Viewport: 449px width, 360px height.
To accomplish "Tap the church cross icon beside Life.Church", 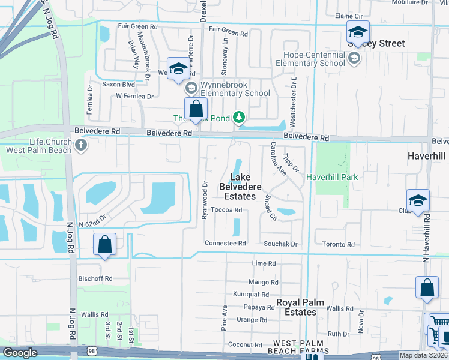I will (81, 145).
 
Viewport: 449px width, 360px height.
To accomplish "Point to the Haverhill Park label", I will (332, 177).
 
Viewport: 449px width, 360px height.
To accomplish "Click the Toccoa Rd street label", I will (229, 210).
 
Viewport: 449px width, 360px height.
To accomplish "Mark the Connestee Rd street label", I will (226, 243).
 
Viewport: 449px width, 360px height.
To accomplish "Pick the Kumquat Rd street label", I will (252, 295).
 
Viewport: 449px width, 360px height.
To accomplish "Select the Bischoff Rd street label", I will (96, 278).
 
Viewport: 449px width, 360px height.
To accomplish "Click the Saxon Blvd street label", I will (118, 85).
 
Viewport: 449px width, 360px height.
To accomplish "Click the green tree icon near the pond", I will (239, 116).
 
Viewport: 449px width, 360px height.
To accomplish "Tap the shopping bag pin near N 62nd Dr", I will (104, 245).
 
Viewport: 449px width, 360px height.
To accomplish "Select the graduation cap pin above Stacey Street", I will (358, 32).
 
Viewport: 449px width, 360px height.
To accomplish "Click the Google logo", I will (20, 353).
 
